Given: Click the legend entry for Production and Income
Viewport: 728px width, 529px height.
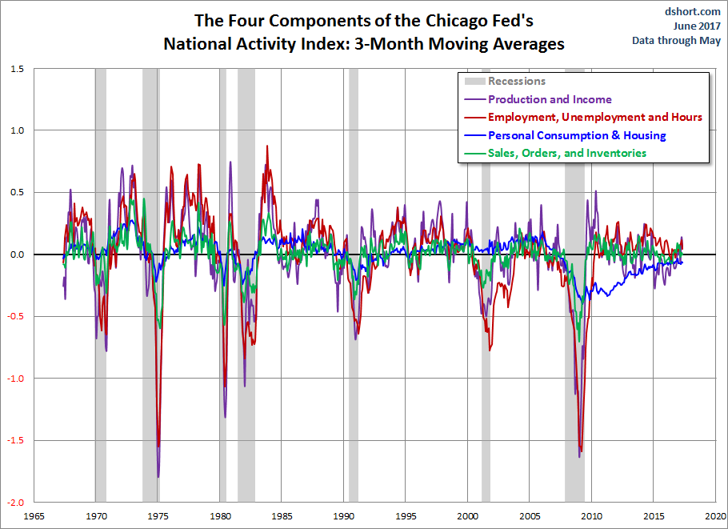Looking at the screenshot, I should pos(549,100).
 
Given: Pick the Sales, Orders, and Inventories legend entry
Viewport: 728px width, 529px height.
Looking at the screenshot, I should pos(566,153).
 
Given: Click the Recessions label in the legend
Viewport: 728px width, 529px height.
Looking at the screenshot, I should pos(516,81).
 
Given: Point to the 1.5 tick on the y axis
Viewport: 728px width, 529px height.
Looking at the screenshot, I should pos(17,70).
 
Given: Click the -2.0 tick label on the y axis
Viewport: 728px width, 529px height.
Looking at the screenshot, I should pos(15,503).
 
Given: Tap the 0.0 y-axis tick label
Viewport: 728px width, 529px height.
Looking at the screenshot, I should pos(17,254).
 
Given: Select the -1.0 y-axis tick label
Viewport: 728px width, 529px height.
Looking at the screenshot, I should pos(15,379).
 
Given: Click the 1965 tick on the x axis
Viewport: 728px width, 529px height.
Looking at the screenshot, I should pos(33,515).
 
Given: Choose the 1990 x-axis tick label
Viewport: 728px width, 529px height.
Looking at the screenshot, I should pos(343,515).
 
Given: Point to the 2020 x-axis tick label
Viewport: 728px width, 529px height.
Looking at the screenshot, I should pos(715,515).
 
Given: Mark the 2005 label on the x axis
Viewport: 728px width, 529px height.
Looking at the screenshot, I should pos(530,515).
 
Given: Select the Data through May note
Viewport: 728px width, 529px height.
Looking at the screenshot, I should pos(677,40).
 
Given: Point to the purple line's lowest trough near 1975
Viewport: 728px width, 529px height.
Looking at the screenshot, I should pos(158,476).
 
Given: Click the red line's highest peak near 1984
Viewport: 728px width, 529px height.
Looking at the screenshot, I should pos(267,146).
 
